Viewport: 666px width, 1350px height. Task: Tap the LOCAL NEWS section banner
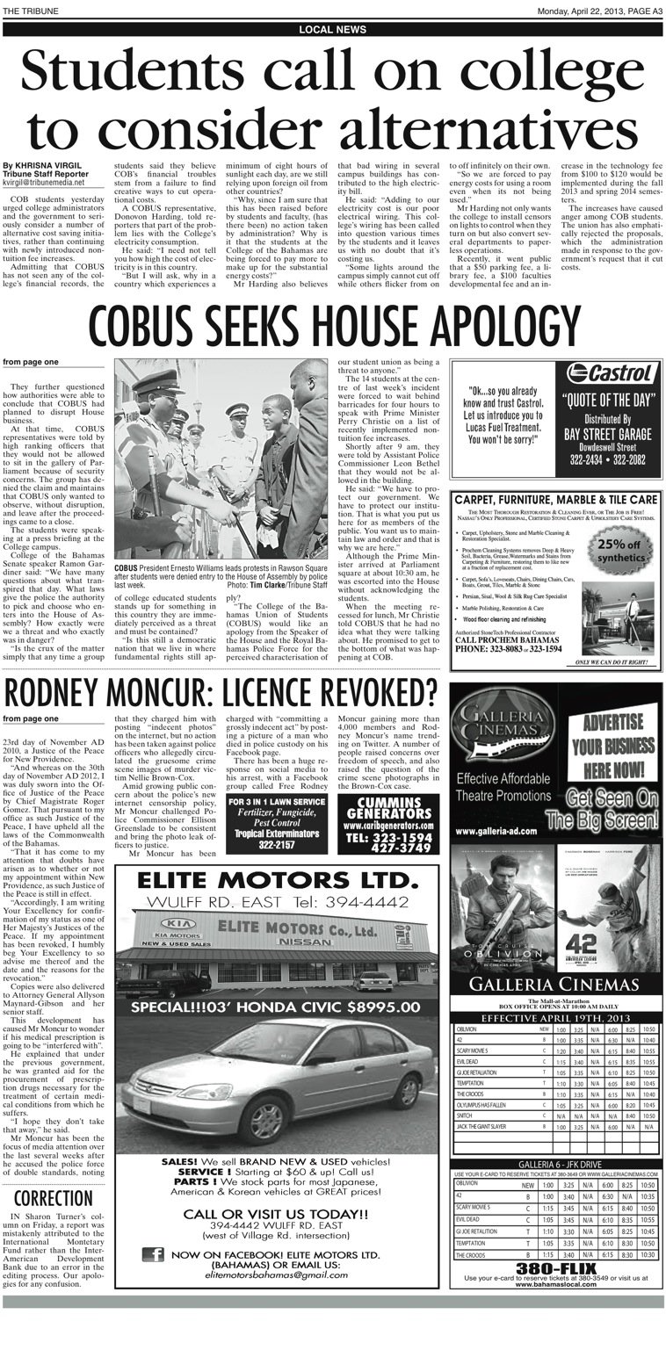coord(333,30)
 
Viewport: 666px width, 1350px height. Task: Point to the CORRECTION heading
coord(53,1199)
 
